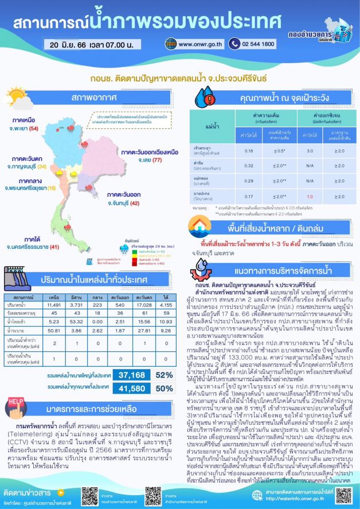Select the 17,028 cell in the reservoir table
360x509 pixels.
point(140,306)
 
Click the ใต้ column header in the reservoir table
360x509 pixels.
point(162,297)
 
